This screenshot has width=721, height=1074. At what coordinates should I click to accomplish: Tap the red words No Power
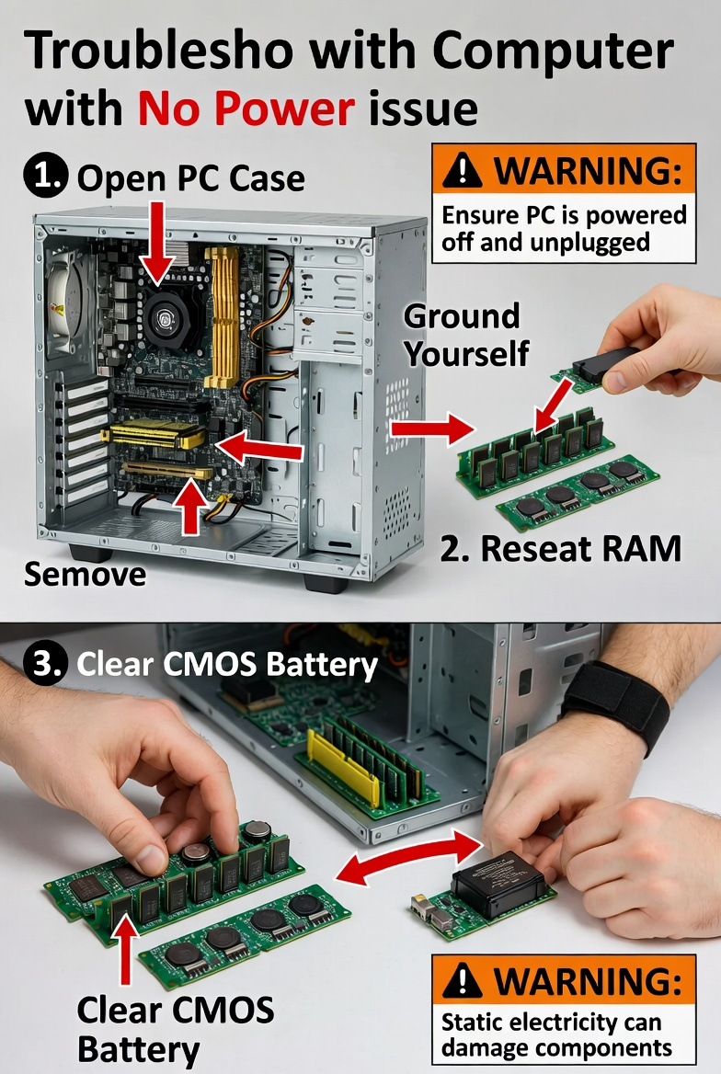pos(246,109)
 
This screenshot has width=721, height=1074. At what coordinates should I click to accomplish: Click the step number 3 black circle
pos(43,665)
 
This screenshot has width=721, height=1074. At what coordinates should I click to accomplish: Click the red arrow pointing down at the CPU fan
pos(159,242)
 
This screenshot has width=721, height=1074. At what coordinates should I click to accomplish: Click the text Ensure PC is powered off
pos(564,228)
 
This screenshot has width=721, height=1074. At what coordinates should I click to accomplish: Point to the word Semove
pos(85,575)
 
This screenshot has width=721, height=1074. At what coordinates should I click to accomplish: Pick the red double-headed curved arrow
pos(408,858)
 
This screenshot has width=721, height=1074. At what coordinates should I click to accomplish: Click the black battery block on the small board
pos(498,882)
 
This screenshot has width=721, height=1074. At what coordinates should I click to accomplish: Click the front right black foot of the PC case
pos(326,582)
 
